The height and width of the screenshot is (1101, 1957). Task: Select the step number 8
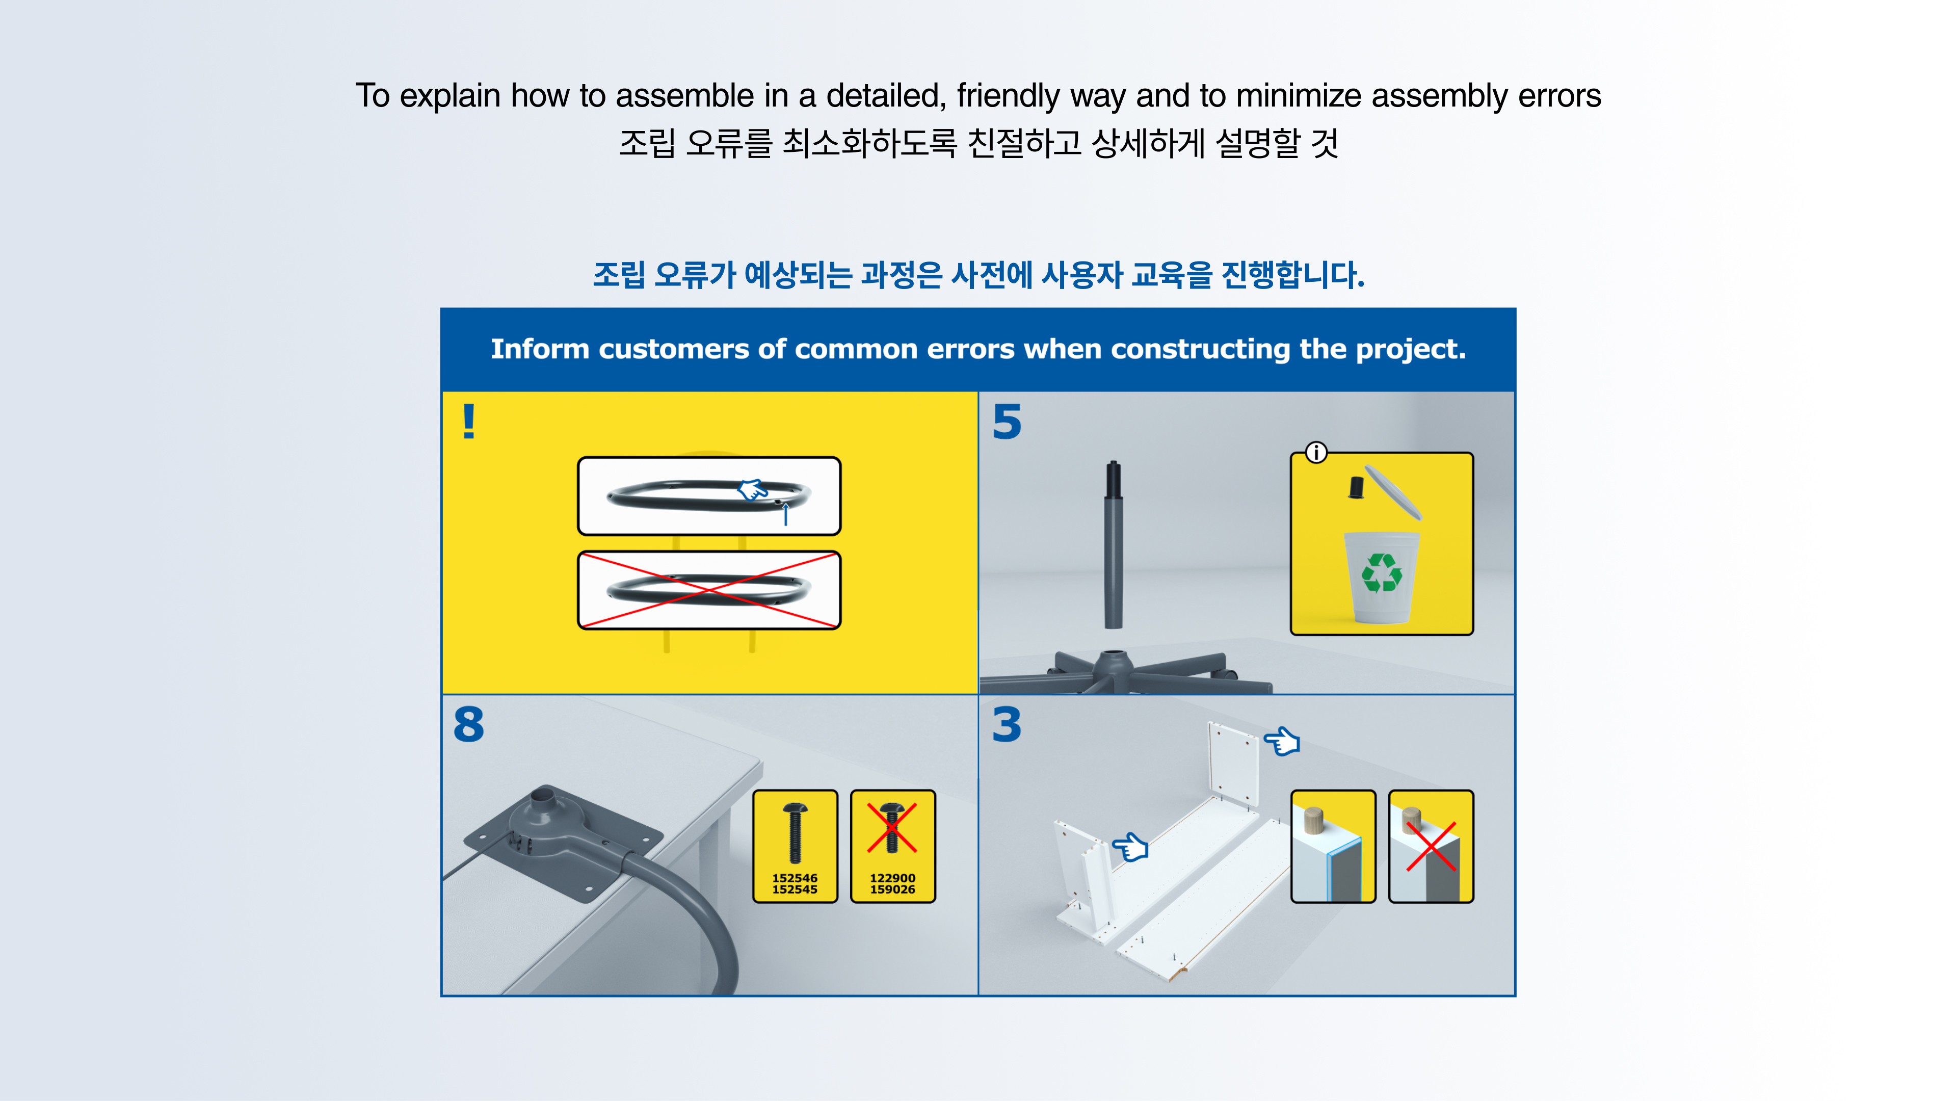(x=469, y=724)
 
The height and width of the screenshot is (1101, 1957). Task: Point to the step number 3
(x=1007, y=724)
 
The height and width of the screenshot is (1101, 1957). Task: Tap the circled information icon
(x=1316, y=453)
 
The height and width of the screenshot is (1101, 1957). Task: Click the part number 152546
(x=795, y=878)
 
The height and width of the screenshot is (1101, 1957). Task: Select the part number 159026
(x=893, y=889)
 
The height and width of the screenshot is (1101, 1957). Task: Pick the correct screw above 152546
(x=795, y=832)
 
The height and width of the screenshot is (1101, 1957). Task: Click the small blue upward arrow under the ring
(x=785, y=514)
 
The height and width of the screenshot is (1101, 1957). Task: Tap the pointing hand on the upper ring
(x=752, y=490)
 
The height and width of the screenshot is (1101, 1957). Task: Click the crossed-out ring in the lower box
(x=709, y=590)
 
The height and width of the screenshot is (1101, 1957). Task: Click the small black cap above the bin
(x=1355, y=487)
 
